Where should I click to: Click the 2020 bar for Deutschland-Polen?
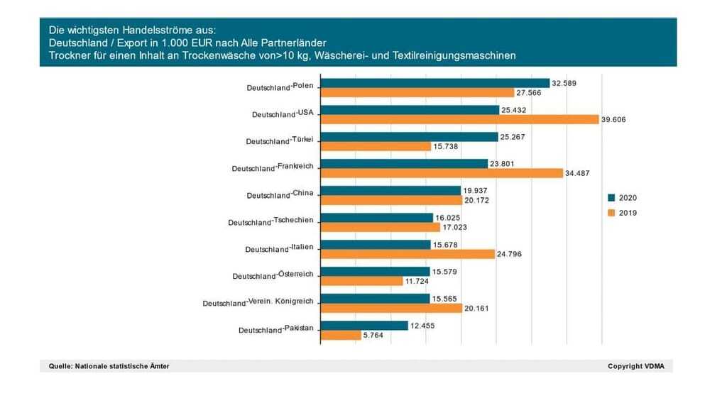(x=435, y=83)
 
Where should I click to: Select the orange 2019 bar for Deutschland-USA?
(x=460, y=120)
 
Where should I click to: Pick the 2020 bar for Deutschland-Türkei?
(x=410, y=137)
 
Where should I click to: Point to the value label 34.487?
(x=576, y=173)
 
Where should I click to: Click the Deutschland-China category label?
(x=280, y=194)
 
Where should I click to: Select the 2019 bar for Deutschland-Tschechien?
(x=381, y=227)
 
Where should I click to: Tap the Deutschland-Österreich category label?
(x=273, y=275)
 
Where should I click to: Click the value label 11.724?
(x=417, y=281)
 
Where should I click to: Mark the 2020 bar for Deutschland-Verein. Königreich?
(x=376, y=299)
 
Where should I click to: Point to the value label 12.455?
(x=423, y=326)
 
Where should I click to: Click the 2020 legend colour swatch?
(x=611, y=198)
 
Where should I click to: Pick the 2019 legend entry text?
(x=628, y=212)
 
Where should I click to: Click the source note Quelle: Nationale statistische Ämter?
(x=109, y=366)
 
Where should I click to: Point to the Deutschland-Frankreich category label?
(x=273, y=167)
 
